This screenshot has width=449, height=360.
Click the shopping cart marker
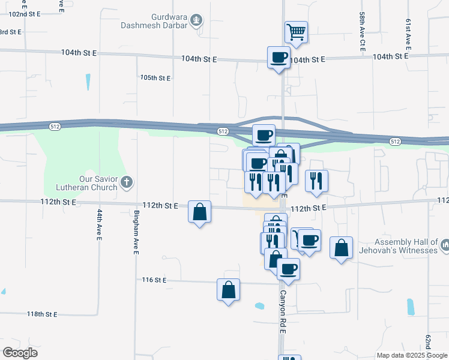[x=296, y=32]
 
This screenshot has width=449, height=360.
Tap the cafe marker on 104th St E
[x=278, y=58]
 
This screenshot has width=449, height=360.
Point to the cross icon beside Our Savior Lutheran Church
[x=126, y=182]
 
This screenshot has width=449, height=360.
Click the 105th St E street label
[x=155, y=78]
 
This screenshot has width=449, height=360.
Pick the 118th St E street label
[x=42, y=314]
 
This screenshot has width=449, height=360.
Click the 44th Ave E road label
[x=99, y=224]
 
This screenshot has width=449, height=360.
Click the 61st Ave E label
[x=408, y=33]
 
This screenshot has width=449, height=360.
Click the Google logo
[x=20, y=353]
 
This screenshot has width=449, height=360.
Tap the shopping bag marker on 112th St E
[x=199, y=212]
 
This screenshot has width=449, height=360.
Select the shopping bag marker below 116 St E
[x=228, y=290]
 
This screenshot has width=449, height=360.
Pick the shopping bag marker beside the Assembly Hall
[x=341, y=248]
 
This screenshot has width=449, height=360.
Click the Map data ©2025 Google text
[x=412, y=355]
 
